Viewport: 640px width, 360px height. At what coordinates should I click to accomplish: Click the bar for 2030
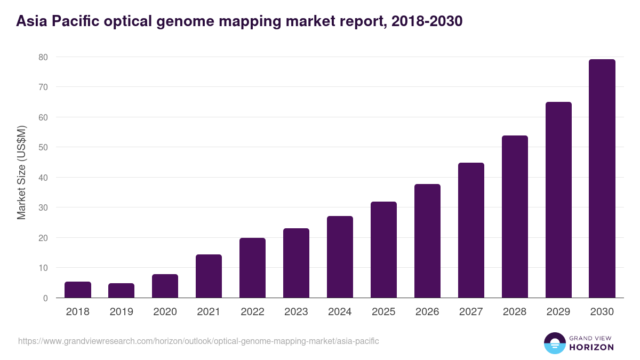pyautogui.click(x=602, y=179)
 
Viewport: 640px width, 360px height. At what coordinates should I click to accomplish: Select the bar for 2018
pyautogui.click(x=78, y=290)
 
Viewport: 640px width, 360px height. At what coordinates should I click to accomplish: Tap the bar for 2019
pyautogui.click(x=122, y=291)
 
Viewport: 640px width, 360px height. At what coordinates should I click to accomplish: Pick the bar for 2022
pyautogui.click(x=252, y=268)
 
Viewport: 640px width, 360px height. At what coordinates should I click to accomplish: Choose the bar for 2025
pyautogui.click(x=383, y=250)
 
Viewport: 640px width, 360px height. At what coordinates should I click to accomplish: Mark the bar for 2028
pyautogui.click(x=515, y=217)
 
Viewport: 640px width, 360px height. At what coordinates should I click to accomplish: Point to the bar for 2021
pyautogui.click(x=209, y=276)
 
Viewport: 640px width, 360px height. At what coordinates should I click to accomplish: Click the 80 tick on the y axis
pyautogui.click(x=43, y=57)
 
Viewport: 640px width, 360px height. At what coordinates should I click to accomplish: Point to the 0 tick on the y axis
pyautogui.click(x=45, y=298)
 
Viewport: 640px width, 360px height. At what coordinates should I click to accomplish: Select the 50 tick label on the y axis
pyautogui.click(x=43, y=147)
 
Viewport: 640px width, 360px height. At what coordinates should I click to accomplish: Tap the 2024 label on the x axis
pyautogui.click(x=340, y=312)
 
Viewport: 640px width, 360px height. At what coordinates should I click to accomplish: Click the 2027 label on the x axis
pyautogui.click(x=471, y=312)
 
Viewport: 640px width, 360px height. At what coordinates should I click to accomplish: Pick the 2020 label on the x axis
pyautogui.click(x=165, y=312)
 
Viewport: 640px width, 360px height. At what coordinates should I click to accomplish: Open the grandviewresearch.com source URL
pyautogui.click(x=198, y=341)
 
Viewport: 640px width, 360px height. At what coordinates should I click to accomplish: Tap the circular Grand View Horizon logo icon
pyautogui.click(x=554, y=343)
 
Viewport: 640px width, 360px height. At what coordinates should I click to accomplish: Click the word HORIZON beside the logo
pyautogui.click(x=592, y=347)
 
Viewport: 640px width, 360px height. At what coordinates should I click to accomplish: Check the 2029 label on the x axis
pyautogui.click(x=558, y=312)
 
